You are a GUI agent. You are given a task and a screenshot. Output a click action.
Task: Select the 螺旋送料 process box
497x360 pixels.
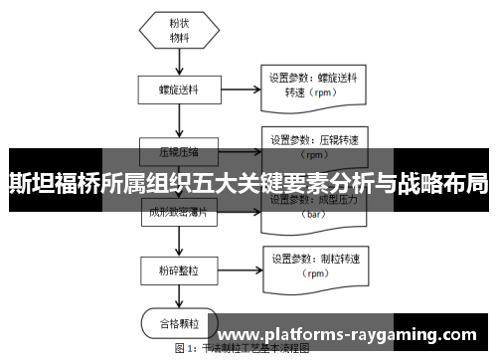click(x=180, y=89)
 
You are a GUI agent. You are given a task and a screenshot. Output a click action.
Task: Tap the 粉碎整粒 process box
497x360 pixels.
click(x=180, y=270)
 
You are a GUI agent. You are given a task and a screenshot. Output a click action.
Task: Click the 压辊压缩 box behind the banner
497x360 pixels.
click(x=180, y=152)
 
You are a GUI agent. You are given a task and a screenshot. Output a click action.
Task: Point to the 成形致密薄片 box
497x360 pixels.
click(x=180, y=211)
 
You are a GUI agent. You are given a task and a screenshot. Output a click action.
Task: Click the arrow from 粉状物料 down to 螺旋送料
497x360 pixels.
click(x=180, y=62)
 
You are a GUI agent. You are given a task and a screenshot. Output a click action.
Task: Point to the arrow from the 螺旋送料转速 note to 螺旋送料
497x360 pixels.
click(x=242, y=89)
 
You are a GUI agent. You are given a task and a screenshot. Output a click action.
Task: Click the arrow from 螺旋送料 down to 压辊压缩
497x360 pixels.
click(x=180, y=121)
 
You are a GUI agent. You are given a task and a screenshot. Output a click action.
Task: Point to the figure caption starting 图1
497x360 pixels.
click(x=244, y=350)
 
